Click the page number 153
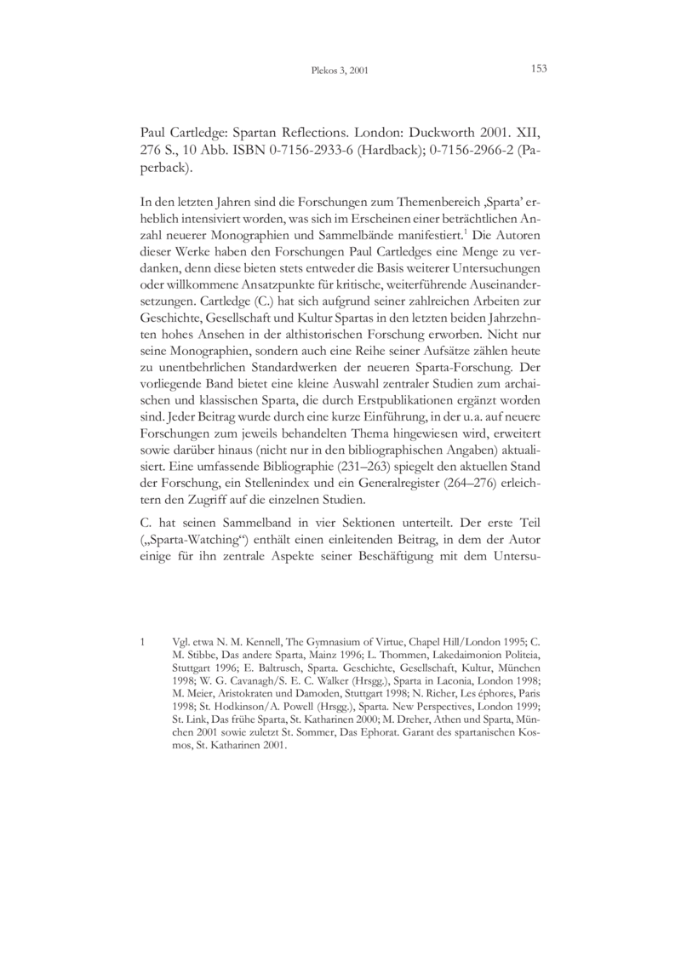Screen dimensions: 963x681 [538, 69]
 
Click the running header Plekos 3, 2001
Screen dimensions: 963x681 [340, 71]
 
